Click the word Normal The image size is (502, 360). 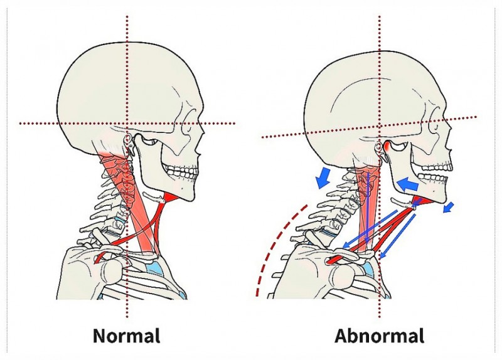click(126, 336)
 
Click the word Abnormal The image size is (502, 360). click(379, 336)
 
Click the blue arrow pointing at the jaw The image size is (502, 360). click(409, 184)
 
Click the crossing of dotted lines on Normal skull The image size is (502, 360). click(127, 124)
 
